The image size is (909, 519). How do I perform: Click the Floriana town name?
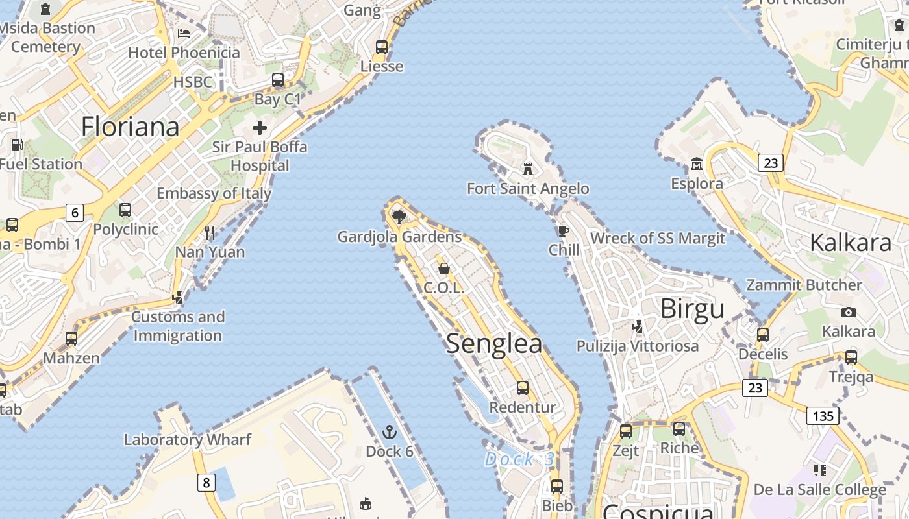(130, 127)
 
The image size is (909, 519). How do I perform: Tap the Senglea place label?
(494, 344)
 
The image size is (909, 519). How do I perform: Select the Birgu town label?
(692, 309)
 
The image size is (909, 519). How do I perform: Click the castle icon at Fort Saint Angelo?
(528, 169)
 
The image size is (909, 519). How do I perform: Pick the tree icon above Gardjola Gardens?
(399, 216)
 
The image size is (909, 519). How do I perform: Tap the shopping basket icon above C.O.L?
(444, 268)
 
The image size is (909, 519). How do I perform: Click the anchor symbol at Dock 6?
(389, 431)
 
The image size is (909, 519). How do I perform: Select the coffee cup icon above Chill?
(563, 231)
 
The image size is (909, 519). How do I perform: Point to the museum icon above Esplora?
(697, 163)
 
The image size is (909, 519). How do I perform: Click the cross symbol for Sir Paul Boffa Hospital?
(260, 127)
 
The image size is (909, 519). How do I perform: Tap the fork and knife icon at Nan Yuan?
(210, 232)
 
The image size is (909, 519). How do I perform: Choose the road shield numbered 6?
(75, 212)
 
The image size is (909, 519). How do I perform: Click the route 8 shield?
(206, 482)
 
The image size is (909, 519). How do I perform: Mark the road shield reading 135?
(823, 415)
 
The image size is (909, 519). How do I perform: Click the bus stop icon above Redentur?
(523, 388)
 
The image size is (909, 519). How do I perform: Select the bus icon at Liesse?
(382, 47)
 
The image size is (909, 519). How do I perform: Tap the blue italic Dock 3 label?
(520, 459)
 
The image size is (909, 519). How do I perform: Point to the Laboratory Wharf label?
(187, 439)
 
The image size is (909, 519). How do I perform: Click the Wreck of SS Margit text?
(657, 238)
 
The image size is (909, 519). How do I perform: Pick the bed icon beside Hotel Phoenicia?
(184, 34)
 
